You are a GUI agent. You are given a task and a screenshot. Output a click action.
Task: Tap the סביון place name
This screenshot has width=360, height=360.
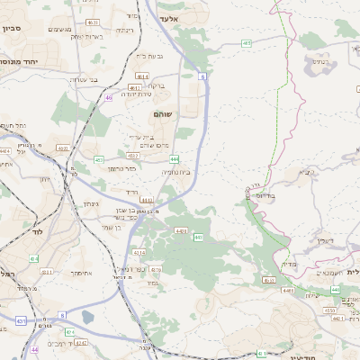12,29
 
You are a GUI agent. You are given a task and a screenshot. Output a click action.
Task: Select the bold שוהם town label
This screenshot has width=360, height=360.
164,116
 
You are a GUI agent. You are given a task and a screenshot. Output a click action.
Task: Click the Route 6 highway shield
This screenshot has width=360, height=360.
203,78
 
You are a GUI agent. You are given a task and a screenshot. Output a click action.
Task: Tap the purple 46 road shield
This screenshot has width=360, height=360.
109,97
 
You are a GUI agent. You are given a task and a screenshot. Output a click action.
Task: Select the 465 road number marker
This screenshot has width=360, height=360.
269,280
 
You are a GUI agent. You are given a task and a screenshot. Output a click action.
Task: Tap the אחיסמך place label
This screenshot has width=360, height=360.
81,273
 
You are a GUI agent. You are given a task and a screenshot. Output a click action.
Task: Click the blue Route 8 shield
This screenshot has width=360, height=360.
62,315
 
